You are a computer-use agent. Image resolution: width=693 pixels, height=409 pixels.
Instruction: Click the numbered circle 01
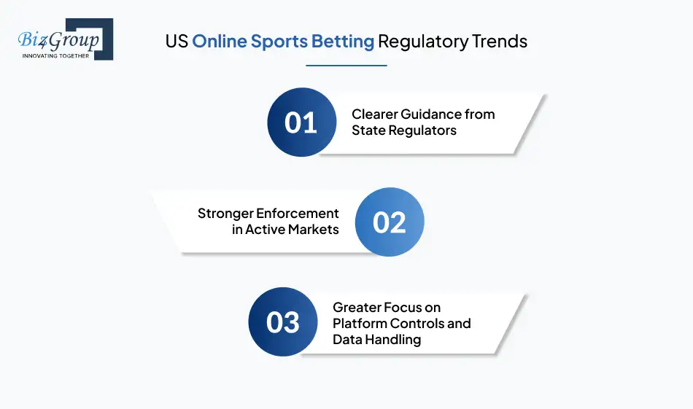(x=301, y=122)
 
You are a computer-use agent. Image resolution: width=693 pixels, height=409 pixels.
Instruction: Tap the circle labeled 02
(x=389, y=222)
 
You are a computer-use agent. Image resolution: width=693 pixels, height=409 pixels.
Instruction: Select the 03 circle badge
(x=283, y=322)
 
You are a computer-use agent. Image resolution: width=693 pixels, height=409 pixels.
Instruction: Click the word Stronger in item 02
(x=225, y=213)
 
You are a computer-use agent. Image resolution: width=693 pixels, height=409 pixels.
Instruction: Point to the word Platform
(x=360, y=323)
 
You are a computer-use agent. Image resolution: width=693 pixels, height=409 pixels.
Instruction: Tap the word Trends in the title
(x=500, y=41)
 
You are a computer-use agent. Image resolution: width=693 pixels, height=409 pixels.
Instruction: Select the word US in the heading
(x=176, y=41)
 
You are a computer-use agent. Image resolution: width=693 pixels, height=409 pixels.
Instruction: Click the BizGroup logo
(x=65, y=39)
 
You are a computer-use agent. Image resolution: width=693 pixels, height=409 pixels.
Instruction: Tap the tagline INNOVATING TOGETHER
(x=56, y=55)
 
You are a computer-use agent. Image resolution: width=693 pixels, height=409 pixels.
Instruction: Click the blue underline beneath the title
(x=346, y=65)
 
